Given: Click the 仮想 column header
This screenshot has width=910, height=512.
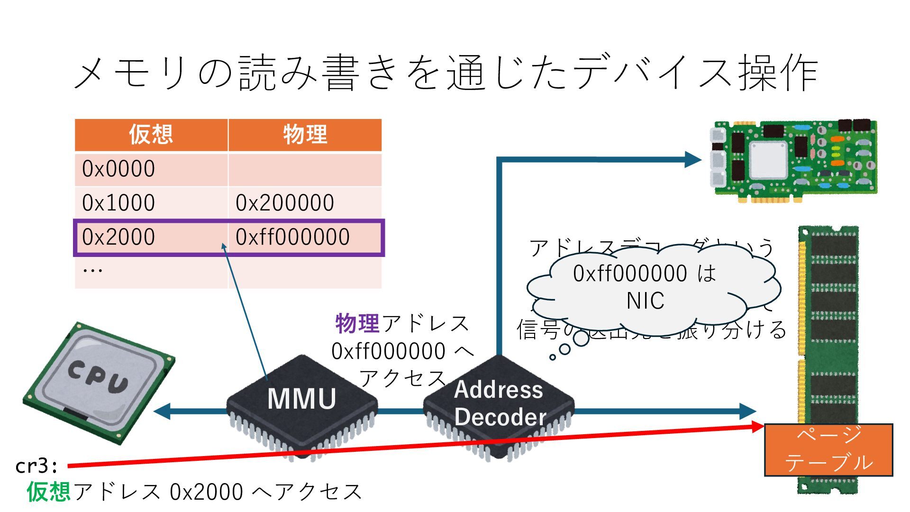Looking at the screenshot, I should pyautogui.click(x=151, y=135).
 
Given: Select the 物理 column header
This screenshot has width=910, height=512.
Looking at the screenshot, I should pyautogui.click(x=305, y=135).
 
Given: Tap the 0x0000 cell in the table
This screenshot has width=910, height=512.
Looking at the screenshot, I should pyautogui.click(x=118, y=169).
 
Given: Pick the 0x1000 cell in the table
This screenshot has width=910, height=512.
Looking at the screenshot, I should pyautogui.click(x=118, y=203).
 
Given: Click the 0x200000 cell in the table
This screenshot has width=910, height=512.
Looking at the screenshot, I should pyautogui.click(x=285, y=203).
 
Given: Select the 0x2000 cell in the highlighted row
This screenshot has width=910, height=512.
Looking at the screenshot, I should pyautogui.click(x=118, y=237).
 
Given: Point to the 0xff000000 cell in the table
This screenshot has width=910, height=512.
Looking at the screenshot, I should pyautogui.click(x=292, y=237).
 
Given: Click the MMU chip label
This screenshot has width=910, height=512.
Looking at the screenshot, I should pyautogui.click(x=302, y=399).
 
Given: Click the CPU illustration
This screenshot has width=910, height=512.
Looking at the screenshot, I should pyautogui.click(x=99, y=383).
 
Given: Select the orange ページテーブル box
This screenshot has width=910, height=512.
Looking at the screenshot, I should pyautogui.click(x=828, y=449).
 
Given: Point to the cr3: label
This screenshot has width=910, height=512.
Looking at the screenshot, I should pyautogui.click(x=36, y=466).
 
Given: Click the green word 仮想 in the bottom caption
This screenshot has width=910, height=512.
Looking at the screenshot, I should pyautogui.click(x=49, y=492).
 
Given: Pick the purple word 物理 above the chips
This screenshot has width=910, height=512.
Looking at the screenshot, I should pyautogui.click(x=357, y=324).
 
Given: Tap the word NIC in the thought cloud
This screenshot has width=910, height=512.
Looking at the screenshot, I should pyautogui.click(x=645, y=301).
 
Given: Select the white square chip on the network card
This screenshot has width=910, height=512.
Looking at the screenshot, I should pyautogui.click(x=768, y=160).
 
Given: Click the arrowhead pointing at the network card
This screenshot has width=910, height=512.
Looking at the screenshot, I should pyautogui.click(x=693, y=159).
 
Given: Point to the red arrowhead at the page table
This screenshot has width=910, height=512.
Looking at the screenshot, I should pyautogui.click(x=757, y=427).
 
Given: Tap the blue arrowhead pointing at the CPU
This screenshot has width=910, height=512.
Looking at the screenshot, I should pyautogui.click(x=162, y=411).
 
